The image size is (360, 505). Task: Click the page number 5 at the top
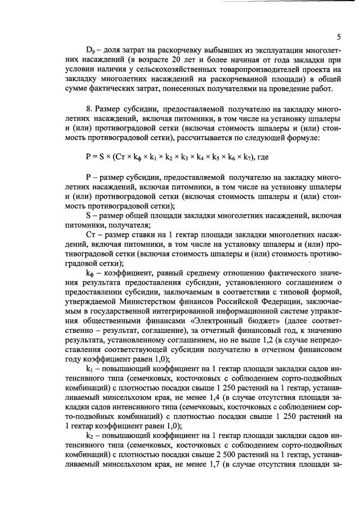point(339,37)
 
